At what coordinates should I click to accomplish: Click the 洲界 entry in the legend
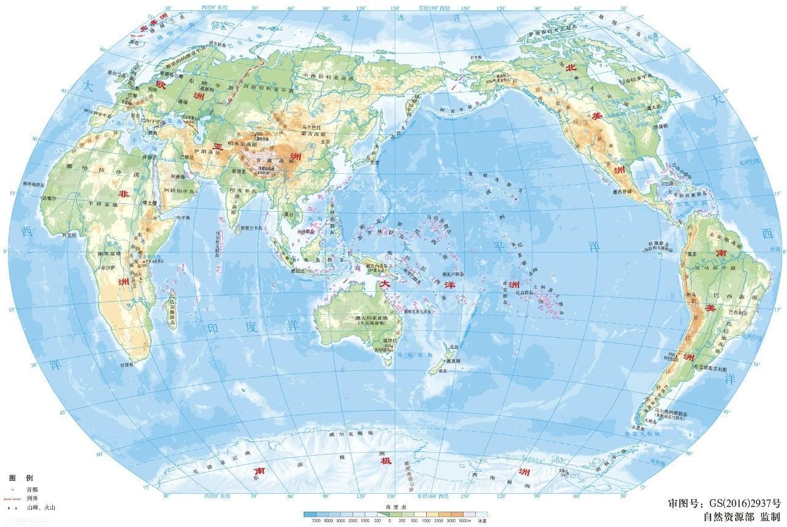coord(31,499)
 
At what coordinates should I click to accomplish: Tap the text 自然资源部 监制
coord(742,517)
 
